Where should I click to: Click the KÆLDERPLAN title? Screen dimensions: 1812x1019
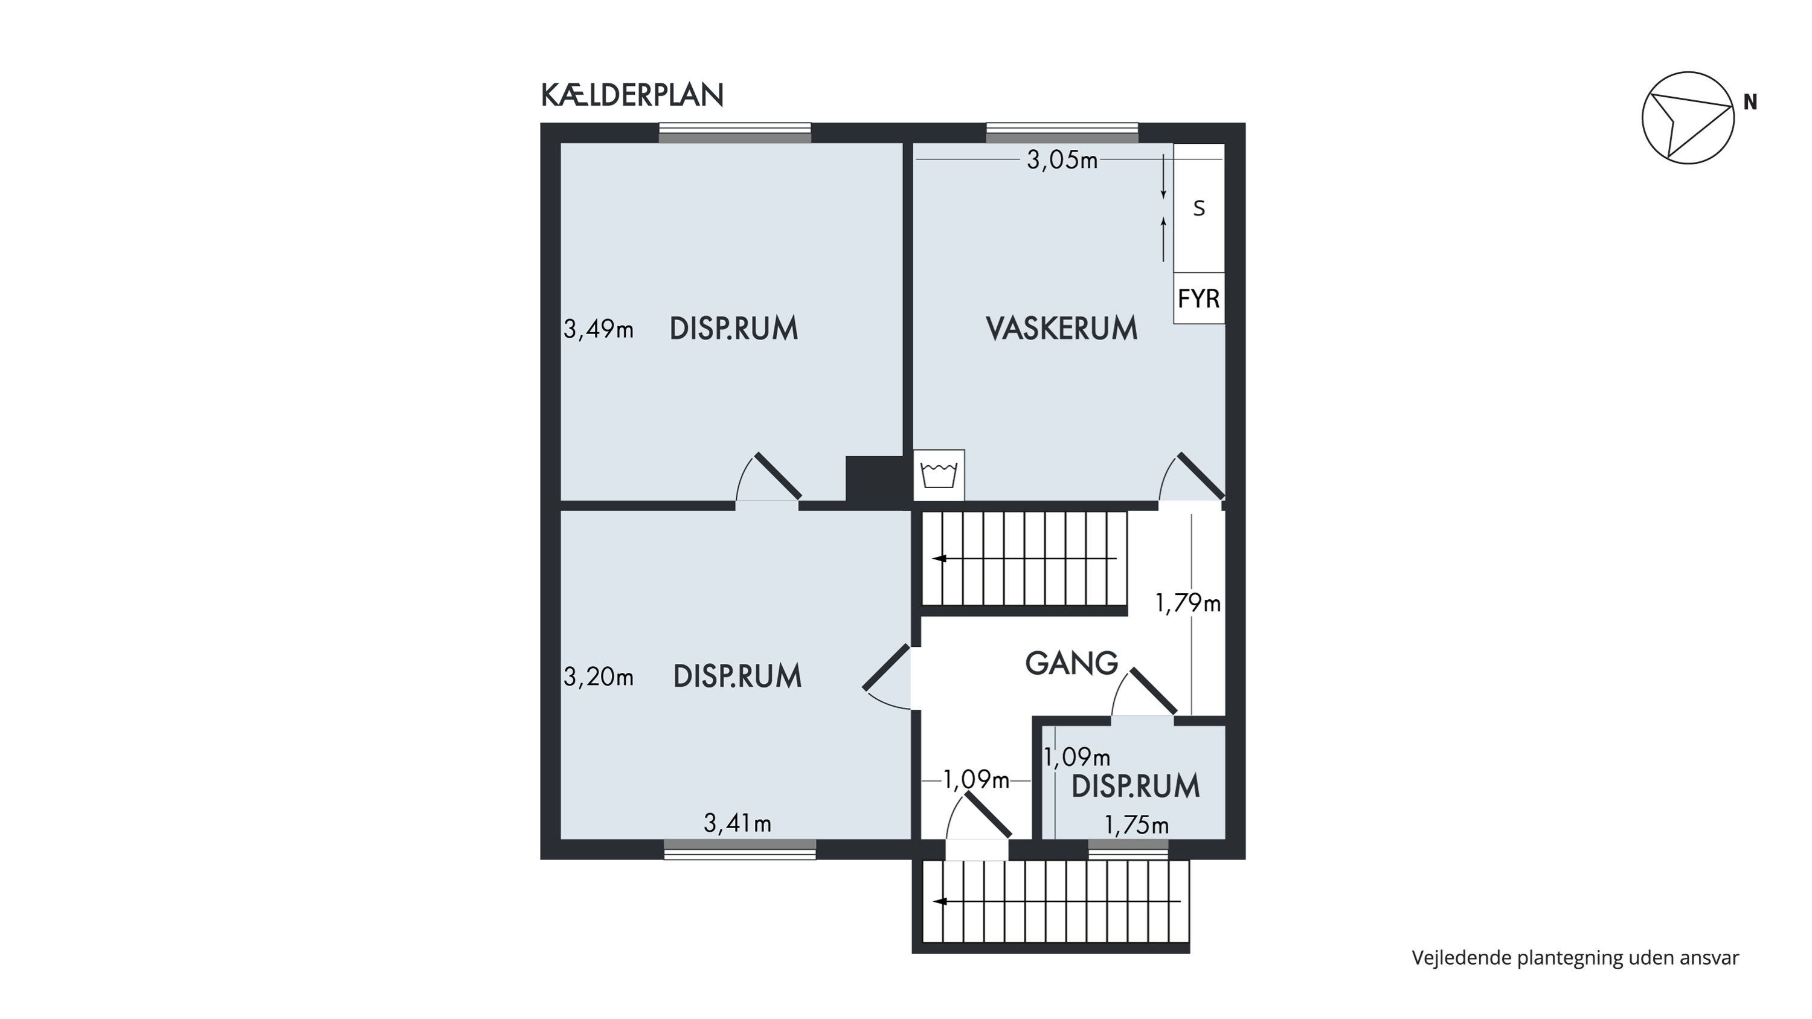point(632,95)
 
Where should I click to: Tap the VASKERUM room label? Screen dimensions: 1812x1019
point(1061,329)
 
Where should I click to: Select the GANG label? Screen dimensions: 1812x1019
point(1071,663)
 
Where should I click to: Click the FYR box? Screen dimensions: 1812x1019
point(1198,298)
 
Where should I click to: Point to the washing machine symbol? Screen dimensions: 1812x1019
point(939,475)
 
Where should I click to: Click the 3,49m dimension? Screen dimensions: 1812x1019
point(598,329)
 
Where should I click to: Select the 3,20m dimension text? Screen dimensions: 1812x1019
point(598,677)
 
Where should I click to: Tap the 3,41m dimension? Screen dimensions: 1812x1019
point(737,823)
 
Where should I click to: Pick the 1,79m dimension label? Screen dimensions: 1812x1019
point(1188,603)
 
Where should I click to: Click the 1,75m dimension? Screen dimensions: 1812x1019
point(1137,825)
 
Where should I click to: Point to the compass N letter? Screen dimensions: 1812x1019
point(1750,103)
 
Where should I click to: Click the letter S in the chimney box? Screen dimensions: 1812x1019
point(1200,208)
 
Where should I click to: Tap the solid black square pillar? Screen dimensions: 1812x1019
point(875,479)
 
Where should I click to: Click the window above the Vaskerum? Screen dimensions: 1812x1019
point(1061,133)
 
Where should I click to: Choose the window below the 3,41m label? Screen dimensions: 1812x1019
point(740,849)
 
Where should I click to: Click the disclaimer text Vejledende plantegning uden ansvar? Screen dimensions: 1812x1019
point(1575,958)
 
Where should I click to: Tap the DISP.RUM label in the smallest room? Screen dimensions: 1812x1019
point(1136,786)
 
